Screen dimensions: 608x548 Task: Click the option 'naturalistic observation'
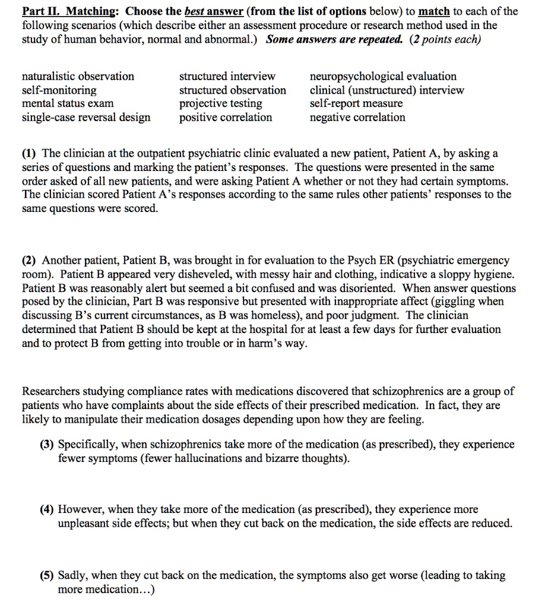pyautogui.click(x=78, y=77)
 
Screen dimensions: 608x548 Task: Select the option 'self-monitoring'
pyautogui.click(x=59, y=90)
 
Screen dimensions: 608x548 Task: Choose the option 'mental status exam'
pyautogui.click(x=68, y=103)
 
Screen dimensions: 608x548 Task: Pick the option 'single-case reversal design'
pyautogui.click(x=86, y=117)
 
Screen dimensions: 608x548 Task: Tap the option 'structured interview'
pyautogui.click(x=227, y=77)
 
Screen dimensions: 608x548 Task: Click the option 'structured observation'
pyautogui.click(x=233, y=90)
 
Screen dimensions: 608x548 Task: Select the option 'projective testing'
pyautogui.click(x=221, y=103)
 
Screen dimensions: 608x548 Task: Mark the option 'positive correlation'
pyautogui.click(x=226, y=117)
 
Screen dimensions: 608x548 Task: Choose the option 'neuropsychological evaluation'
pyautogui.click(x=384, y=77)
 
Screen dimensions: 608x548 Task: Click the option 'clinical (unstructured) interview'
pyautogui.click(x=387, y=90)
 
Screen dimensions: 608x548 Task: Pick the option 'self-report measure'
pyautogui.click(x=356, y=103)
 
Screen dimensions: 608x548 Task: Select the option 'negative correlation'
pyautogui.click(x=358, y=117)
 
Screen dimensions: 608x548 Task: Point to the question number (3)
pyautogui.click(x=65, y=444)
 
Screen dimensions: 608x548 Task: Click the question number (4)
pyautogui.click(x=65, y=509)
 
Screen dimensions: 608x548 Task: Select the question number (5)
pyautogui.click(x=65, y=575)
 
